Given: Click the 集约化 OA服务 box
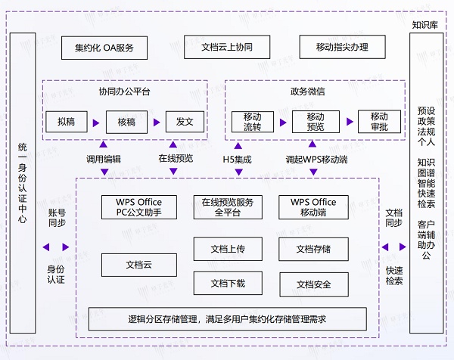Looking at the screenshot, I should point(104,48).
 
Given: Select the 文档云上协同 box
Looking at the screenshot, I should point(227,48).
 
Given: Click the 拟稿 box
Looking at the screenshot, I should point(67,121).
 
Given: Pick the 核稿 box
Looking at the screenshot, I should point(126,121).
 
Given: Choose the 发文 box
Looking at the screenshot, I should point(185,121).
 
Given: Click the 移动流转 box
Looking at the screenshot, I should point(252,122).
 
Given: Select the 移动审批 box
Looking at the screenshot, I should point(378,122).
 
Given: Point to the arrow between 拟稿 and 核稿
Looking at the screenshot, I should point(96,122).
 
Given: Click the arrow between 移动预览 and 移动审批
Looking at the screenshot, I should point(349,121).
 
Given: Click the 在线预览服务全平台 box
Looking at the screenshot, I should point(227,207).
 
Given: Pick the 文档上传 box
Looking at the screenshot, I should point(227,249).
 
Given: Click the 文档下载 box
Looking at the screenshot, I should point(227,284).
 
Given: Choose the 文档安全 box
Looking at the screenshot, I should point(313,284).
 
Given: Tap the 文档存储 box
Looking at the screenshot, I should point(313,249).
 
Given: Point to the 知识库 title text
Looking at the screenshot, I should point(424,25).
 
